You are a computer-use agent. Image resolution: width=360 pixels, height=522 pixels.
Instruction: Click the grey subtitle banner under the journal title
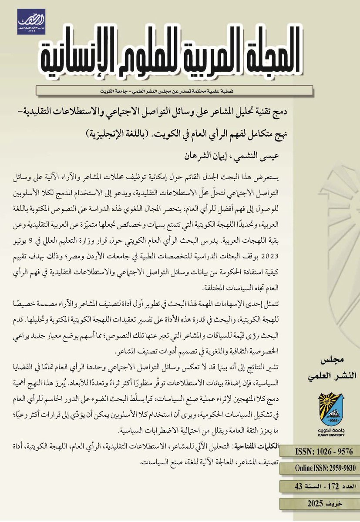174,90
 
